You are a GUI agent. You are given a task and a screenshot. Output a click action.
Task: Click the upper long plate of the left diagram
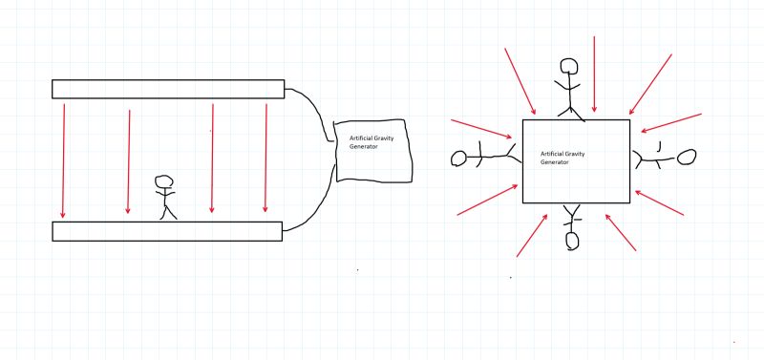pos(168,89)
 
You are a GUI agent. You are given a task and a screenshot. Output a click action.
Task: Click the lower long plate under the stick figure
pos(167,231)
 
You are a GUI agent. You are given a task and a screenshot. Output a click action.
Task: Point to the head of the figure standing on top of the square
pos(569,66)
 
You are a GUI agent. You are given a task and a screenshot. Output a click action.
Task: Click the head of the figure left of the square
pos(459,158)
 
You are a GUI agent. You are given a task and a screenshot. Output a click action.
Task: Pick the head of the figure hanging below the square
pos(572,241)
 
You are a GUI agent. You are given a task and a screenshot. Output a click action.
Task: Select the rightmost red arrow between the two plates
pos(266,158)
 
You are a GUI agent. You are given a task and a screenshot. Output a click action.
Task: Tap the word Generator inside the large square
pos(554,162)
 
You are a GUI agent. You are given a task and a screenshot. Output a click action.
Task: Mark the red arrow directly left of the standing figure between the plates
pos(128,160)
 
